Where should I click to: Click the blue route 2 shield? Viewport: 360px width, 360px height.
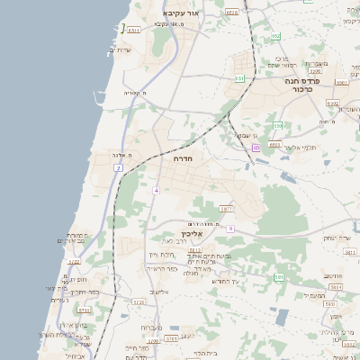[118, 168]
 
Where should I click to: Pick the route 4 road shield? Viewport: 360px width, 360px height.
[156, 190]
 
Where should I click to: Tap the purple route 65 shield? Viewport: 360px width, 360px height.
[256, 148]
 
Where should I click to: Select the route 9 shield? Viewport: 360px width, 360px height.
[230, 229]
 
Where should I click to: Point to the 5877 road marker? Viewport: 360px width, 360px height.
[226, 209]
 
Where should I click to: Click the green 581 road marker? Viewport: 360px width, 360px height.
[279, 276]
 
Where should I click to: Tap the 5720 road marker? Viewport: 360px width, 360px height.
[138, 302]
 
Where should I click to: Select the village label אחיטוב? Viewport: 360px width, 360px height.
[334, 275]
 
